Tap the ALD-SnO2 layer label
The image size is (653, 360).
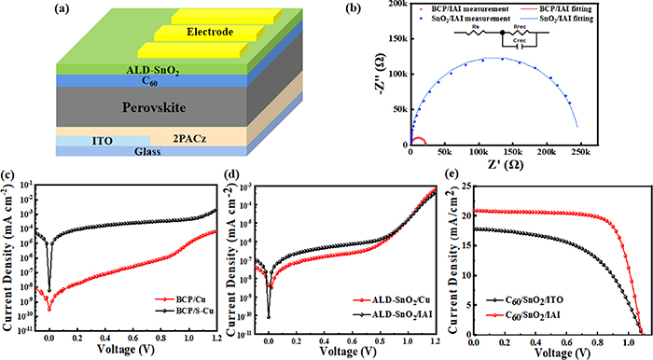pos(124,68)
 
